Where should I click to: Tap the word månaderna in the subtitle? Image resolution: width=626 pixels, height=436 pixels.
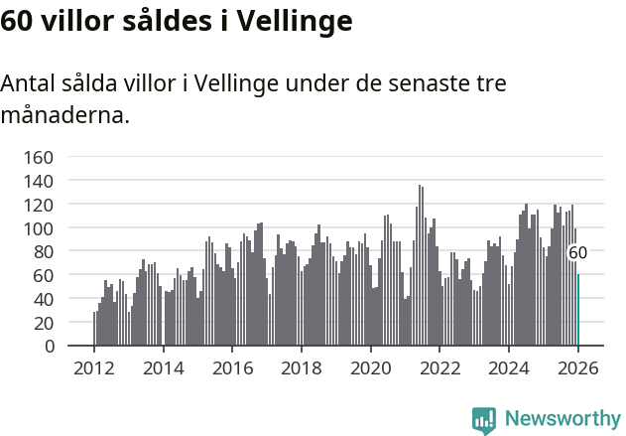pos(64,116)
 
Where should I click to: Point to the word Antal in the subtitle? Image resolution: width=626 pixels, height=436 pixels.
pos(29,84)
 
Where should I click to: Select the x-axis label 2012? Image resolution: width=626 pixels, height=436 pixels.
pos(94,368)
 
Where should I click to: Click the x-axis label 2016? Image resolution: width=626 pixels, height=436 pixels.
pos(232,368)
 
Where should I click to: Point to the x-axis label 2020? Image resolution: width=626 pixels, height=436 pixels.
pos(370,368)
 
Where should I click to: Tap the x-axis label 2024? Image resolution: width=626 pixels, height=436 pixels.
pos(508,368)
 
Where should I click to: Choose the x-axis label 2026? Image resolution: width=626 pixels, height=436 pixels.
pos(577,368)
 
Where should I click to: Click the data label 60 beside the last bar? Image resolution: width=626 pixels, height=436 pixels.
pos(577,253)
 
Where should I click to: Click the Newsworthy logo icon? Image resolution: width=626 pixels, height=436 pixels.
pos(484,420)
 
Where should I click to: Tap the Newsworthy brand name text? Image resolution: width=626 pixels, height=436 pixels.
pos(562,419)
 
